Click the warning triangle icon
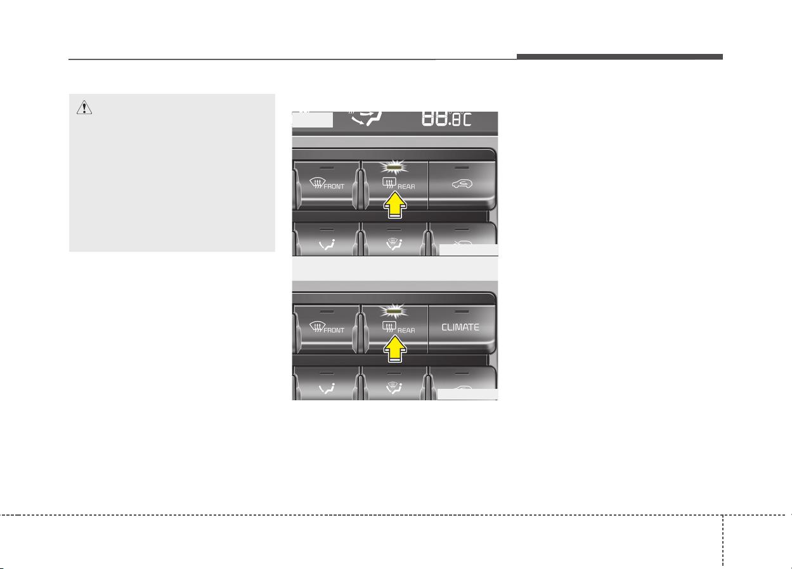coord(84,107)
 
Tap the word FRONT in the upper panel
coord(334,186)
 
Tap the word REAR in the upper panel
coord(406,186)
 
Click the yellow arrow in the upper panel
coord(395,205)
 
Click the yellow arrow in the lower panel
coord(395,349)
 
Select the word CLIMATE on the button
coord(460,327)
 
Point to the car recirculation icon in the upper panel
coord(462,184)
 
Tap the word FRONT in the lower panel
coord(334,330)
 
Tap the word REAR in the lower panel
coord(406,330)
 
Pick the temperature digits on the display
coord(446,119)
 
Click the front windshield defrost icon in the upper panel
coord(317,183)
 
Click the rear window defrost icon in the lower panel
coord(389,327)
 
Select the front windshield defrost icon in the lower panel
coord(317,327)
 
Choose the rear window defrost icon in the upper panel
coord(389,183)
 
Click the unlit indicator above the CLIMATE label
coord(462,311)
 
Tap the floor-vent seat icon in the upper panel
coord(327,245)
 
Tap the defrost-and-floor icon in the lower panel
coord(394,388)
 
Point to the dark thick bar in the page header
coord(620,56)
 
